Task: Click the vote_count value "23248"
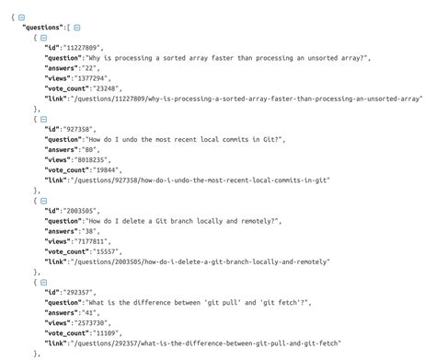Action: (116, 88)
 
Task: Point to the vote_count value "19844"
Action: (116, 169)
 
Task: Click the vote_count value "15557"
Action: (116, 251)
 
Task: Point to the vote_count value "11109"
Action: (116, 331)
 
